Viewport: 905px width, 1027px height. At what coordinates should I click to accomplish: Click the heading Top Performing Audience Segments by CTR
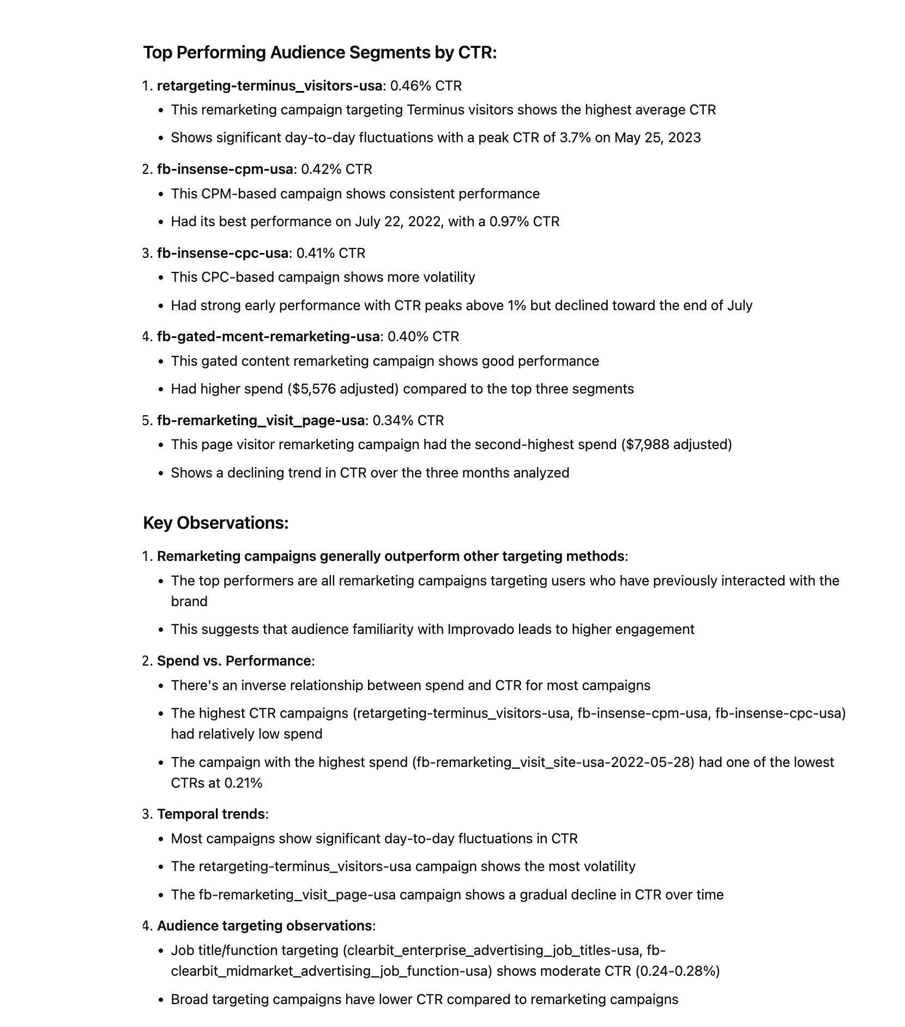[x=319, y=52]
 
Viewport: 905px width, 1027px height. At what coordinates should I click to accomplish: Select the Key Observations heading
[x=215, y=523]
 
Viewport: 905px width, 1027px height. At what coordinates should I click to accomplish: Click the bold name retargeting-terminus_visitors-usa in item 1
[x=269, y=86]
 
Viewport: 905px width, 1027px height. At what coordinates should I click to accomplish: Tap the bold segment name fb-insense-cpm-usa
[x=225, y=169]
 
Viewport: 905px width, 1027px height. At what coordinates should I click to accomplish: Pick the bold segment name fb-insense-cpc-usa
[x=222, y=253]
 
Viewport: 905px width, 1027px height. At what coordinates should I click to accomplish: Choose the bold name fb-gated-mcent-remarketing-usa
[x=268, y=336]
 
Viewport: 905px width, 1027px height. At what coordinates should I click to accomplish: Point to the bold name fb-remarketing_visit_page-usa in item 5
[x=261, y=420]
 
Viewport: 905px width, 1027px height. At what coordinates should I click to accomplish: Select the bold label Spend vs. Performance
[x=234, y=661]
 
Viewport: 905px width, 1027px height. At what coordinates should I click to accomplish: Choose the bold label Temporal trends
[x=211, y=814]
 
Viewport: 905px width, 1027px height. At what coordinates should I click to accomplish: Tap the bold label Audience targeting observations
[x=264, y=926]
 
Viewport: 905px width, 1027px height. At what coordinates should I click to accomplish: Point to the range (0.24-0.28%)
[x=677, y=971]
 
